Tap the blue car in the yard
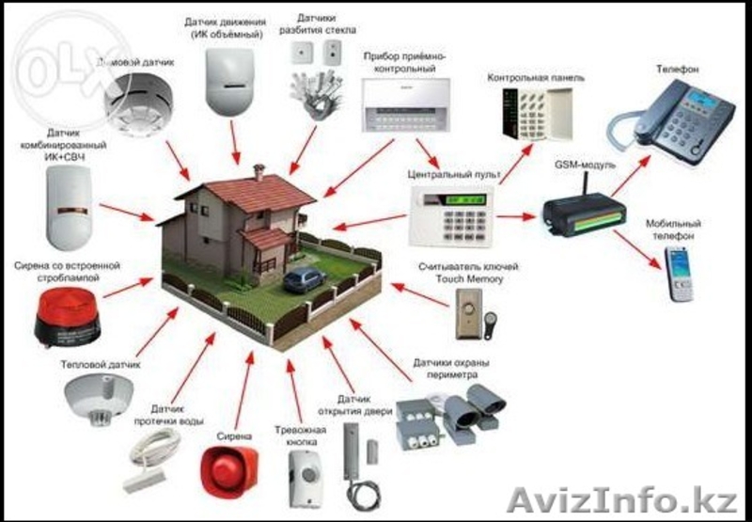303,278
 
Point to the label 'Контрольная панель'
536,75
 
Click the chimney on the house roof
259,172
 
